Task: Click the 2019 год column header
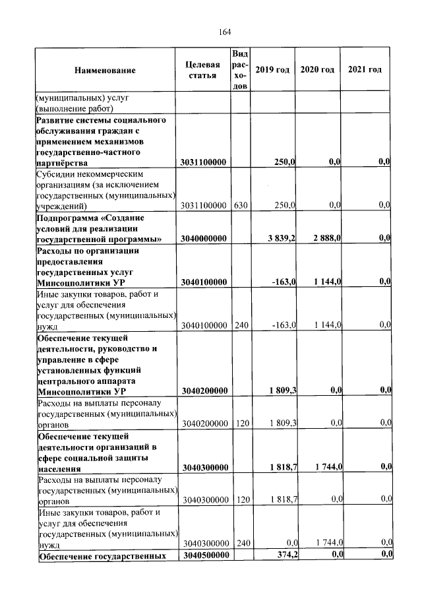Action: (272, 70)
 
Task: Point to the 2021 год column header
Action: (365, 70)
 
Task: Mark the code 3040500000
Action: (205, 555)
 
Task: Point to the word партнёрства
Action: (65, 162)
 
